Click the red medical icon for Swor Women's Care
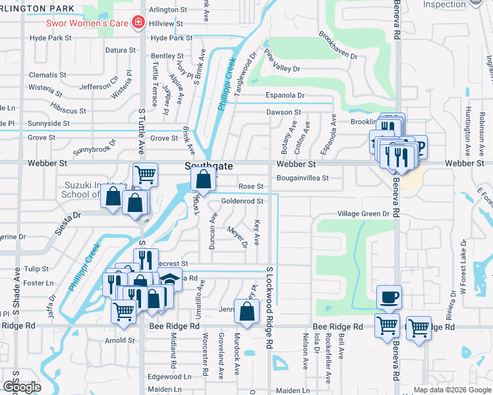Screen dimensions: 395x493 tap(138, 23)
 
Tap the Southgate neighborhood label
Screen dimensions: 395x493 tap(208, 167)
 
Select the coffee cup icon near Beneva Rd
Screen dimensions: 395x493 tap(389, 297)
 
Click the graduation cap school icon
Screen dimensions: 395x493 tap(171, 279)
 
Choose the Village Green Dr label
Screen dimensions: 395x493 tap(363, 214)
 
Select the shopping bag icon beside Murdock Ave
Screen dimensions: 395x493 tap(246, 313)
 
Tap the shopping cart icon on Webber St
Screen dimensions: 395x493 tap(145, 175)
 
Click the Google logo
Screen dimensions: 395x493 tap(22, 387)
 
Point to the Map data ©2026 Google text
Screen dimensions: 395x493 tap(451, 390)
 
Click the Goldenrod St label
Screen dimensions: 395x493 tap(242, 201)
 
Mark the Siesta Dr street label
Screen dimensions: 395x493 tap(67, 215)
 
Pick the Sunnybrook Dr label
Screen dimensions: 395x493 tap(94, 146)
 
